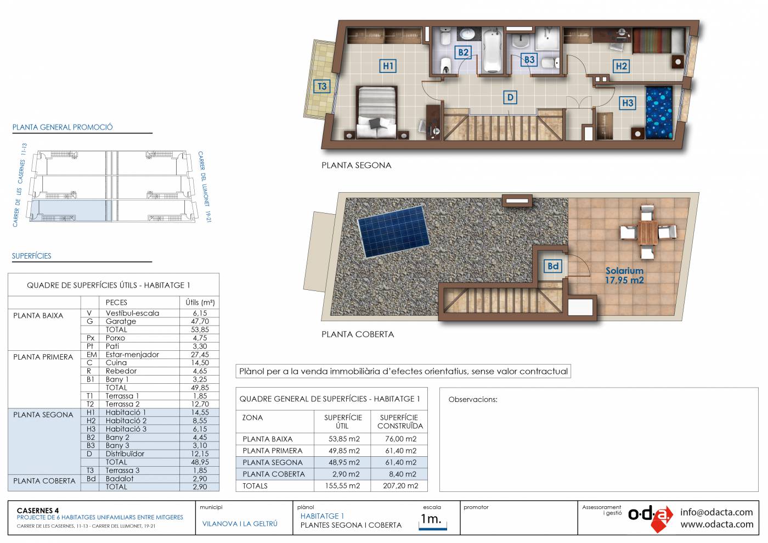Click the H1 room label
tap(388, 66)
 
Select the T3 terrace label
tap(322, 86)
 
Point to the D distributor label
tap(510, 98)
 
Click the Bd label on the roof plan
tap(553, 266)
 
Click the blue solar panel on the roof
tap(393, 231)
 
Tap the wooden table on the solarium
tap(648, 232)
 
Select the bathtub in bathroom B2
tap(493, 51)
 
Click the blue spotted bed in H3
tap(659, 113)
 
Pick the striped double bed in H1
tap(376, 112)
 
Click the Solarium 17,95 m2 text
tap(624, 275)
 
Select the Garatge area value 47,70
tap(200, 321)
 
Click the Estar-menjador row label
tap(132, 355)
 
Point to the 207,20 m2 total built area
tap(400, 486)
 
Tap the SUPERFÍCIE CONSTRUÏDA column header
tap(400, 422)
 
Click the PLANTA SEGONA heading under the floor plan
tap(356, 165)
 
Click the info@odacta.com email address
tap(716, 512)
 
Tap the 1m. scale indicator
tap(433, 520)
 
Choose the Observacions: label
tap(473, 400)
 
